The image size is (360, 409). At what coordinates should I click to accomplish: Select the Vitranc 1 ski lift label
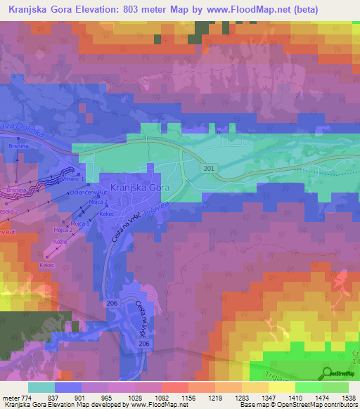pos(72,181)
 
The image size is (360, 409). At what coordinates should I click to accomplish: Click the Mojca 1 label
pos(79,223)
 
